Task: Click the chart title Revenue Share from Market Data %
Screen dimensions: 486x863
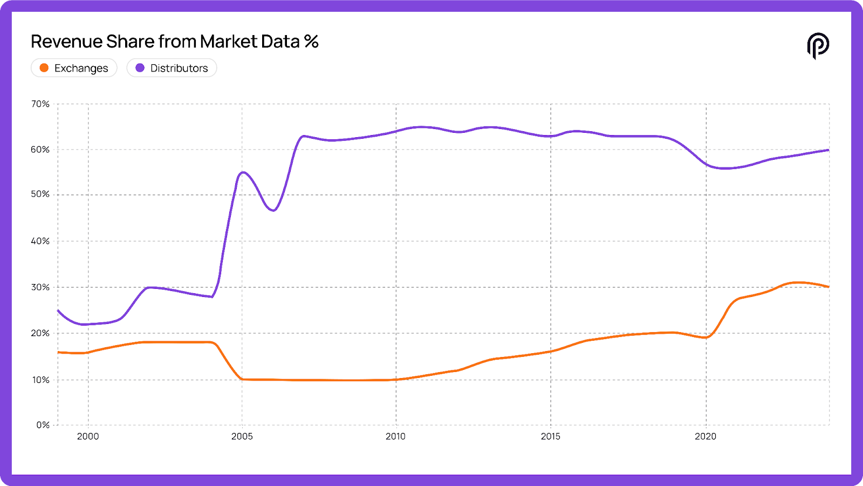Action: coord(174,42)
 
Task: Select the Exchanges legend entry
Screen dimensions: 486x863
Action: coord(74,68)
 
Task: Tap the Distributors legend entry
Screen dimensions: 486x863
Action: coord(172,68)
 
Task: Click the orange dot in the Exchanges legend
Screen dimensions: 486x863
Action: coord(44,68)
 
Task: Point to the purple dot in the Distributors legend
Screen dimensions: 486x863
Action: coord(140,68)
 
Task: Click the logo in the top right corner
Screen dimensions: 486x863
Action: coord(818,45)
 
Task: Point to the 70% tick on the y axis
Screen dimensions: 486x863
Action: coord(40,104)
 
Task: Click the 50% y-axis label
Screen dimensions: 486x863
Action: coord(40,194)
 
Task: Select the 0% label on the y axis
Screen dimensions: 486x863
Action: coord(43,425)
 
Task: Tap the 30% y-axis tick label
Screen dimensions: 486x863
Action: coord(40,287)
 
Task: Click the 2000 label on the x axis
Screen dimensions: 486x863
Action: coord(88,436)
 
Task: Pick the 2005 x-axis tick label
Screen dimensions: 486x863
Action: coord(242,436)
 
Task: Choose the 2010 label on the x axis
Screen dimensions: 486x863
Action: coord(395,436)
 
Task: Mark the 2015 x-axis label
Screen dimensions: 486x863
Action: coord(550,436)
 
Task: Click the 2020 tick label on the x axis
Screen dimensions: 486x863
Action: coord(706,436)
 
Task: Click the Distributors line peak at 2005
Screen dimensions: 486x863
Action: coord(243,172)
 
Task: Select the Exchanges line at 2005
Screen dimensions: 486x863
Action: coord(242,379)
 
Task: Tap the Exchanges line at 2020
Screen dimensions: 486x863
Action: coord(706,337)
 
